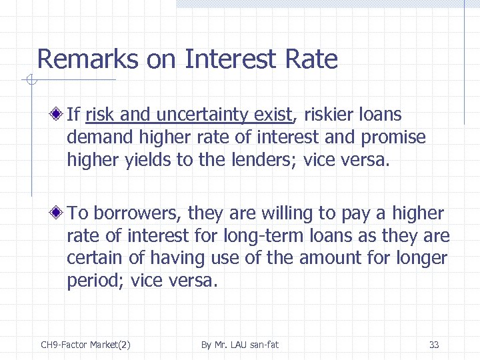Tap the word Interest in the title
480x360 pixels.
[228, 60]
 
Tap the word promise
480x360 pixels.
[394, 137]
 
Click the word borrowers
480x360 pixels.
[138, 213]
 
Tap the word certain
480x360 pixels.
[92, 258]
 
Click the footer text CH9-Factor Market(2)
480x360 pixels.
[85, 345]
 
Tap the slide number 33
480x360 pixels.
[434, 345]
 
